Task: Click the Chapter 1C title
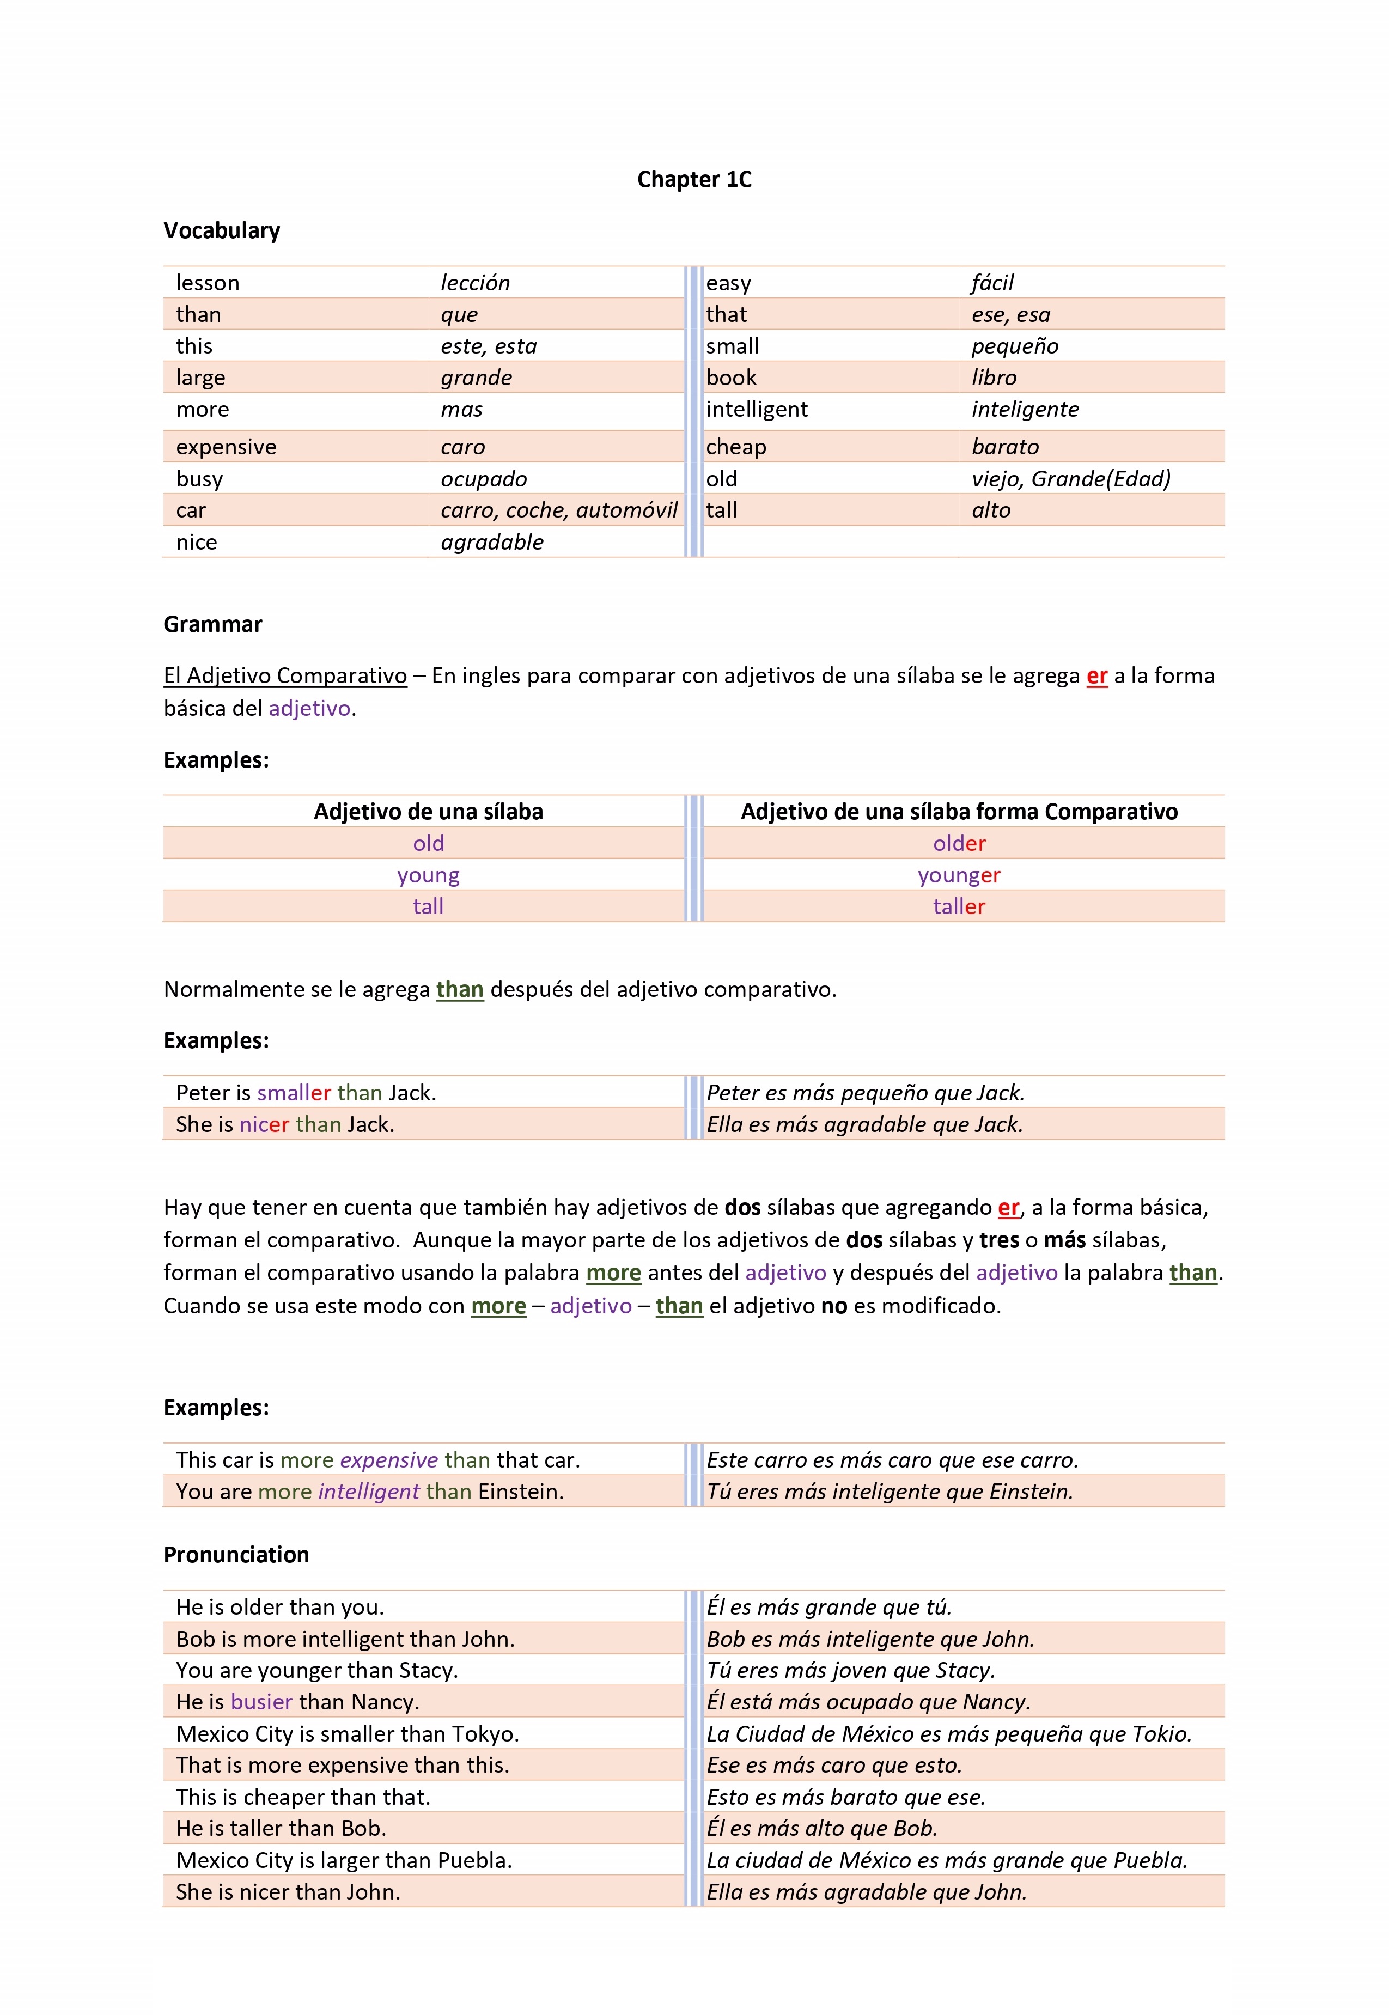pyautogui.click(x=693, y=179)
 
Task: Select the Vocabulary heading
pyautogui.click(x=222, y=230)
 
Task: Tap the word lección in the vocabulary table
pyautogui.click(x=475, y=283)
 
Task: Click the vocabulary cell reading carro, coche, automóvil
pyautogui.click(x=559, y=510)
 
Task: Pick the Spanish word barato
pyautogui.click(x=1005, y=447)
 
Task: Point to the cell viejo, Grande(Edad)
pyautogui.click(x=1070, y=479)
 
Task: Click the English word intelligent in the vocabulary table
pyautogui.click(x=756, y=409)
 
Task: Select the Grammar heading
pyautogui.click(x=213, y=624)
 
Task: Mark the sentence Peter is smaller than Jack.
pyautogui.click(x=306, y=1092)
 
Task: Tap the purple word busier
pyautogui.click(x=261, y=1702)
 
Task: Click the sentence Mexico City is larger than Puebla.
pyautogui.click(x=344, y=1860)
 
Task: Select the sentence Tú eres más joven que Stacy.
pyautogui.click(x=850, y=1670)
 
